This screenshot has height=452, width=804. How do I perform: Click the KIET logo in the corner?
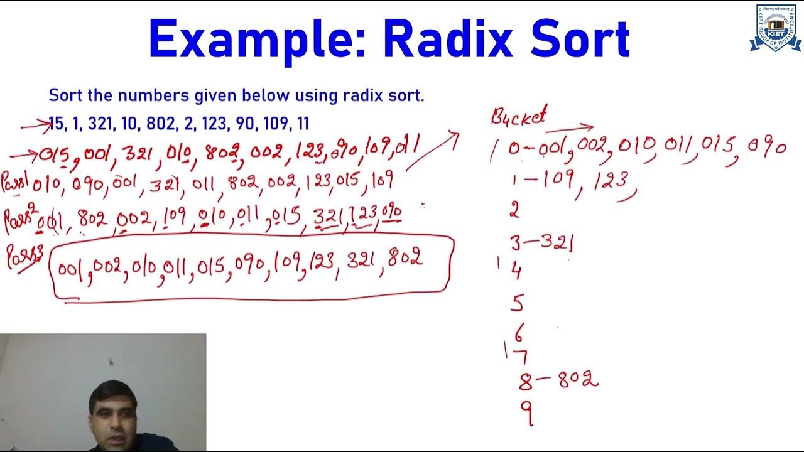(774, 28)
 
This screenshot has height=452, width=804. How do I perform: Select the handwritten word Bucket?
(518, 116)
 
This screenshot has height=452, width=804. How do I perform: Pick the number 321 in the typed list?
(100, 123)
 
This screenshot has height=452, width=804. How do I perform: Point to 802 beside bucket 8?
(579, 379)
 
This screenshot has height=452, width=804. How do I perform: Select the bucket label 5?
(517, 304)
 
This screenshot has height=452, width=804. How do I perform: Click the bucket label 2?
(514, 210)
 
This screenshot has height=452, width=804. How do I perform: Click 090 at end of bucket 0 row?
(766, 148)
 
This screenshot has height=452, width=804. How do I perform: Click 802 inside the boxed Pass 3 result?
(405, 258)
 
